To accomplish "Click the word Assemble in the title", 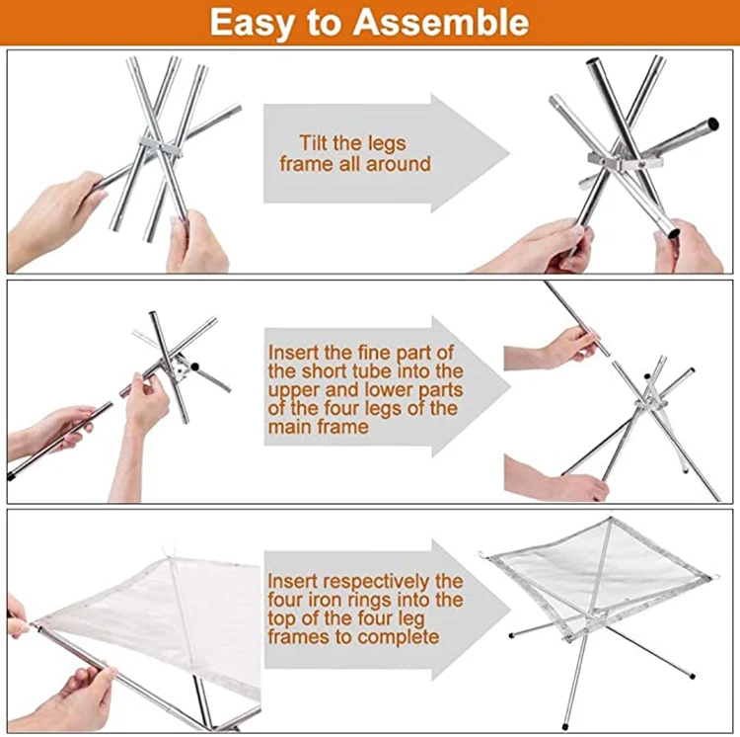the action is [441, 22].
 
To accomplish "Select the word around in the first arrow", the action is [399, 164].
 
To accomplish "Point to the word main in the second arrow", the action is [288, 427].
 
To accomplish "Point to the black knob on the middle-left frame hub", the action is [195, 366].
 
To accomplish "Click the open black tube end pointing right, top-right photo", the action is [713, 123].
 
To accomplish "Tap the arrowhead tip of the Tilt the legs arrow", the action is [510, 153].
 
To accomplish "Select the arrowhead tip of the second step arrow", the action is [511, 387].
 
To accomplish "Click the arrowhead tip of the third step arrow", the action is [511, 610].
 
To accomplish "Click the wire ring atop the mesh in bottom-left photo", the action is [168, 550].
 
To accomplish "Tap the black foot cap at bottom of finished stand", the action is [565, 724].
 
